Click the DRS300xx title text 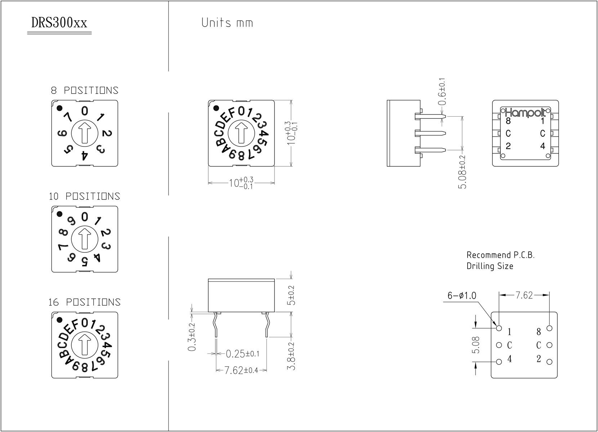[59, 23]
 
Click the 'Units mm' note [227, 23]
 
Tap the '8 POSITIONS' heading [85, 90]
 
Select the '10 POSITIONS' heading [85, 196]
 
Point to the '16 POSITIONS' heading [85, 302]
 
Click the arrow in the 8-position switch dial [85, 132]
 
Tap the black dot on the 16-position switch [60, 319]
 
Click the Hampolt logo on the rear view [526, 112]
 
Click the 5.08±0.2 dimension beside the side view [463, 172]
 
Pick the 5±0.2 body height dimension [291, 295]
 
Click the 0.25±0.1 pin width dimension [242, 354]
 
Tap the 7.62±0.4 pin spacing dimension [241, 370]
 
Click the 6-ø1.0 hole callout [462, 296]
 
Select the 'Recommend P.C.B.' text [500, 255]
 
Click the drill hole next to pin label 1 [499, 328]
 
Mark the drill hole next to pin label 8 [549, 328]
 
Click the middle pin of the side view [430, 133]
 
